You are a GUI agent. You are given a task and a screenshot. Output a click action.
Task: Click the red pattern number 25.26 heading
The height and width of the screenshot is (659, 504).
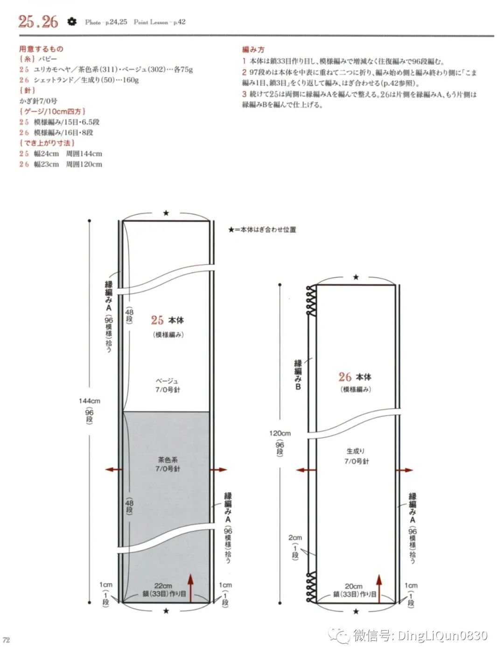38,21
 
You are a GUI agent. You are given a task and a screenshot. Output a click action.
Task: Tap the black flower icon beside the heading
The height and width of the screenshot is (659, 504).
71,21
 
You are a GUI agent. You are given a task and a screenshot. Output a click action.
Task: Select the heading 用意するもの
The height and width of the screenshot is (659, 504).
41,49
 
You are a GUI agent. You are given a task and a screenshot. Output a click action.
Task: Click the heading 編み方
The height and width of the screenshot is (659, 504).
253,50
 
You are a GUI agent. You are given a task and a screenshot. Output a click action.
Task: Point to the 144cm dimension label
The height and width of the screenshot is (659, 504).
89,401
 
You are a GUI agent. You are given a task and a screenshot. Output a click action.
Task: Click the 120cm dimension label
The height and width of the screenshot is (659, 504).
280,433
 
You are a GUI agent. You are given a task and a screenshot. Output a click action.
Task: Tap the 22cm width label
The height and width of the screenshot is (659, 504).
163,585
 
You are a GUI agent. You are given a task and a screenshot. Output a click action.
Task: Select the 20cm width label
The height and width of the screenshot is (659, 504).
354,586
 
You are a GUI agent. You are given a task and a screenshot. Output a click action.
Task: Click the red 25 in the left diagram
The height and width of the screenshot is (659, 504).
157,320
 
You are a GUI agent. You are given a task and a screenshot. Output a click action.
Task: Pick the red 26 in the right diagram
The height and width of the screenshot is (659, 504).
345,377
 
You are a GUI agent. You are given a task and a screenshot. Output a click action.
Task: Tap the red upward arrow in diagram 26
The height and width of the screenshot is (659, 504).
379,588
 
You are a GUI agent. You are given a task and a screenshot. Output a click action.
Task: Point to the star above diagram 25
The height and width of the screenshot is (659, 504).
166,213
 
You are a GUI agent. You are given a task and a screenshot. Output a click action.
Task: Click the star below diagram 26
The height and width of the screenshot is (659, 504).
356,611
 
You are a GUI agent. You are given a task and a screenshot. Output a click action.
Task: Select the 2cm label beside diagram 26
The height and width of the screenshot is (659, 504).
295,538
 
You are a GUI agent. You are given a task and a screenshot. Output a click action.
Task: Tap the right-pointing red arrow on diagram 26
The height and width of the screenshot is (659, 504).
406,470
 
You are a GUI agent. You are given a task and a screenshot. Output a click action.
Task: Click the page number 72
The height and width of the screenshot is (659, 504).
6,640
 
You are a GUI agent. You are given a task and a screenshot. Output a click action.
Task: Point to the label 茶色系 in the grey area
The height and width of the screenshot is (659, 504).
168,460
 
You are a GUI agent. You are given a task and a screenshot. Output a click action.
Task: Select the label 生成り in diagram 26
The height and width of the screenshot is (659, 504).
356,451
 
